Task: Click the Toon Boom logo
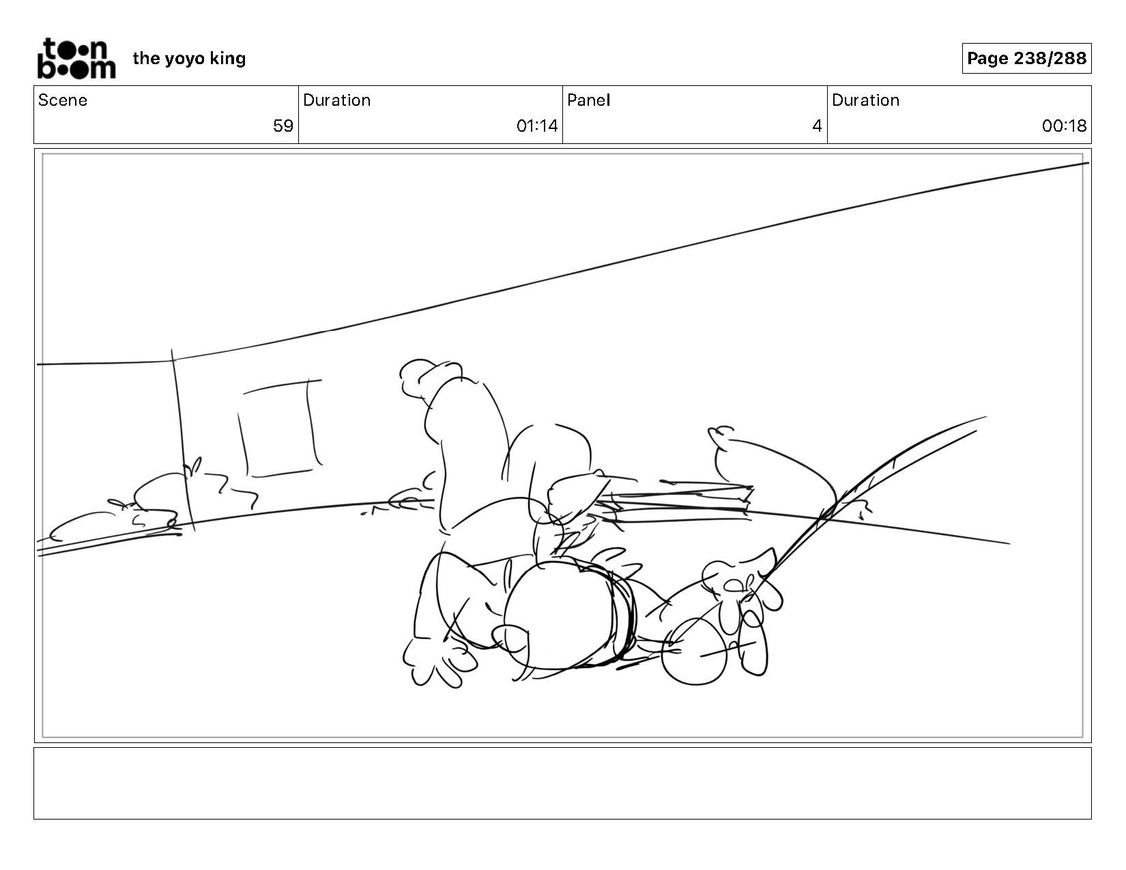(76, 59)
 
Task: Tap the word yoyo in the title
(184, 59)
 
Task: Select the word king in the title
(227, 59)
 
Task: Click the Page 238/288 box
(1026, 59)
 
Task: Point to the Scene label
(63, 100)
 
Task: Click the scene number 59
(283, 126)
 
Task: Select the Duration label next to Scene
(336, 100)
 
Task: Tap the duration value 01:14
(537, 126)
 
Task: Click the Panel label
(588, 100)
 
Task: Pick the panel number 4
(816, 126)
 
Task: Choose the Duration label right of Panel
(865, 100)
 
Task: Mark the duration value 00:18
(1064, 126)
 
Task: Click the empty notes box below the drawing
(562, 783)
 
